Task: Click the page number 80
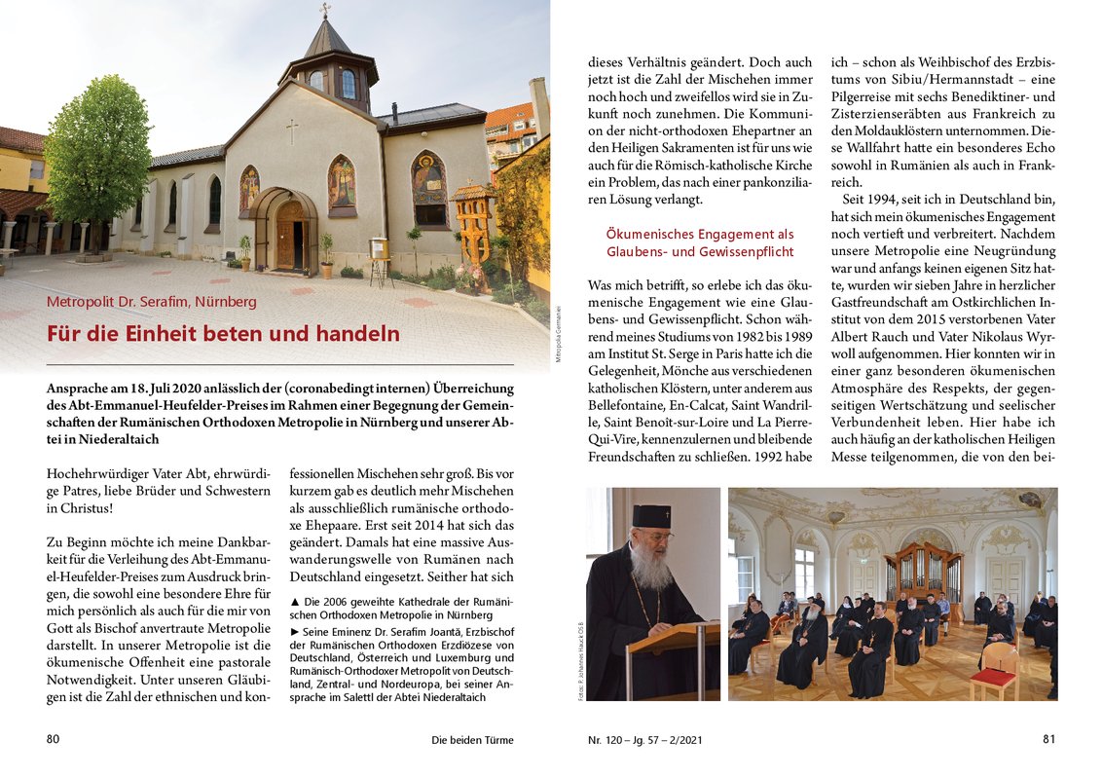54,739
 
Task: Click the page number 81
1048,739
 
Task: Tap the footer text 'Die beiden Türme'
472,740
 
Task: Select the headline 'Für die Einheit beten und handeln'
223,334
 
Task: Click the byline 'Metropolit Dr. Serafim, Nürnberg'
152,302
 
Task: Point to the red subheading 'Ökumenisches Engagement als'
699,235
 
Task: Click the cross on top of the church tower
326,10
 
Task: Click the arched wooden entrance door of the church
289,236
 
